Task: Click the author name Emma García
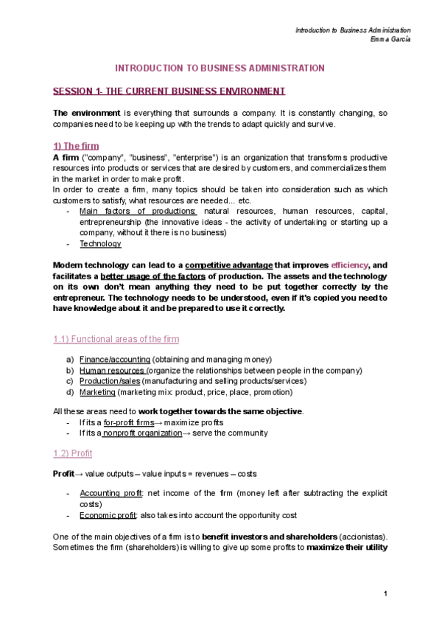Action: pos(391,39)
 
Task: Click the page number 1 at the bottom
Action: pos(385,593)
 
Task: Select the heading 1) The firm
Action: pos(76,146)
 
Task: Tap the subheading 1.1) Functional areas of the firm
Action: pos(116,339)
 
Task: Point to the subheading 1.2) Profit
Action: pos(72,453)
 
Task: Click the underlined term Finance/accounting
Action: pos(114,359)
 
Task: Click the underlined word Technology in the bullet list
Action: pos(100,243)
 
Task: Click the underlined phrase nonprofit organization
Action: pos(141,433)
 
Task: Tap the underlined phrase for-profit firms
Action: pos(128,422)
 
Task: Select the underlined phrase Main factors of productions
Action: pos(138,211)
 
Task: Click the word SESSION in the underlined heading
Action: pos(73,91)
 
